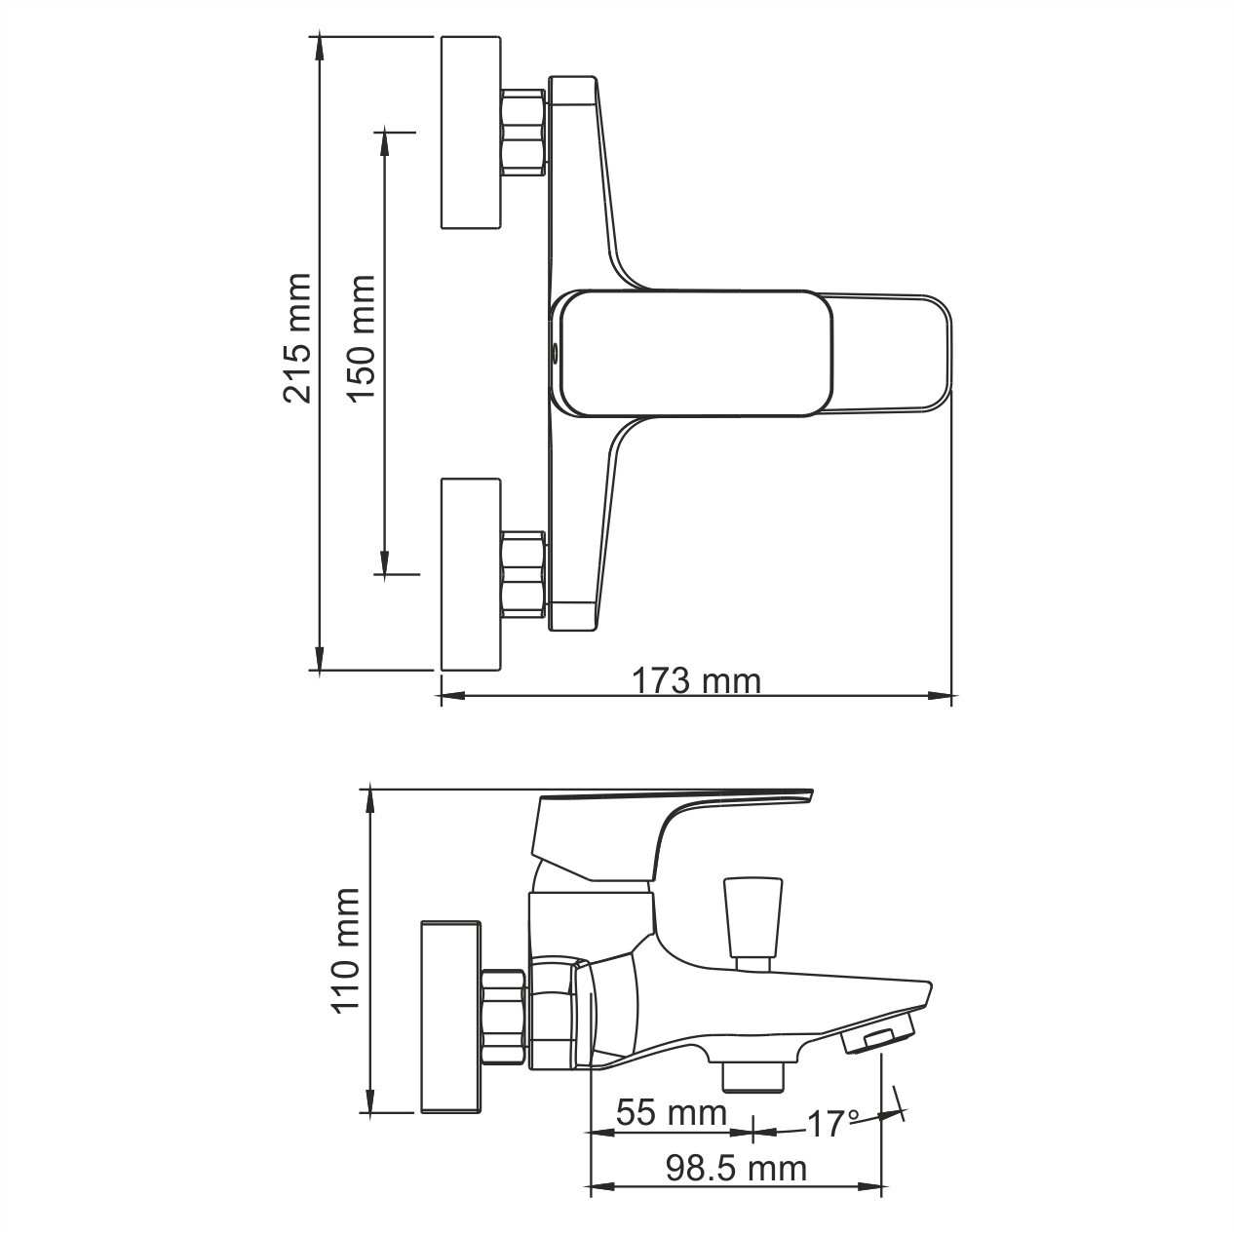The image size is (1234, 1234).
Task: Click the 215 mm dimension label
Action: pos(296,338)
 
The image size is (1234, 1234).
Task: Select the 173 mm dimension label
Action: pos(696,679)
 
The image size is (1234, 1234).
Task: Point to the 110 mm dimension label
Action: pos(347,950)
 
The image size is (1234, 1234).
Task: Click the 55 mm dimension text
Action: pos(672,1112)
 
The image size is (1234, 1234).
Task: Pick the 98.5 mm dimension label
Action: pos(736,1167)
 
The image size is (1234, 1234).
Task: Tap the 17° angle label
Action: pos(831,1124)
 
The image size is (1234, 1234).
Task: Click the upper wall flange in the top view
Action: pos(471,133)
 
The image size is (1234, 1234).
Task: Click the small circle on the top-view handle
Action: pos(555,352)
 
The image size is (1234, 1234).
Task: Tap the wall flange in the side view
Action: pos(451,1014)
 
